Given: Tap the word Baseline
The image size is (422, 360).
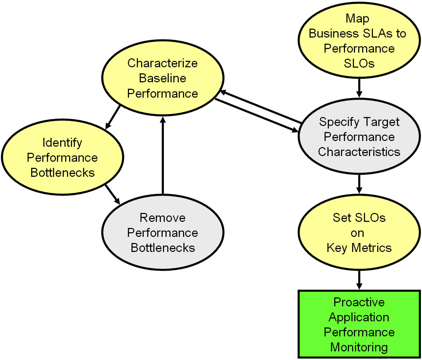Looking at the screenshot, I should (163, 78).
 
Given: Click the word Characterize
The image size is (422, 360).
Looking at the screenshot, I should (163, 63).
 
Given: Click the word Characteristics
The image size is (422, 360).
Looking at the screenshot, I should (359, 152).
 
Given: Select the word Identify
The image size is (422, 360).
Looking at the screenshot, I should (62, 143).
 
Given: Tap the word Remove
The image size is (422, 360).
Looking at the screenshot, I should (163, 218).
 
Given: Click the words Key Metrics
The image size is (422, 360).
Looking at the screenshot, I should (359, 248).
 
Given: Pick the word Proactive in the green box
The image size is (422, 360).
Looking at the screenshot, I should (359, 302).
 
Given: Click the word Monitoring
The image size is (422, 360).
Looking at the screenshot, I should (359, 347).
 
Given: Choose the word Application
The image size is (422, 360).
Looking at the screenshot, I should (359, 317).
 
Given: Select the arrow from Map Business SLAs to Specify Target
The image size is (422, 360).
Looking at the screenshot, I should (359, 88).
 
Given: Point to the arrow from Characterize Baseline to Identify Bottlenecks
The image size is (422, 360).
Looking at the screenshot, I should (112, 117).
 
